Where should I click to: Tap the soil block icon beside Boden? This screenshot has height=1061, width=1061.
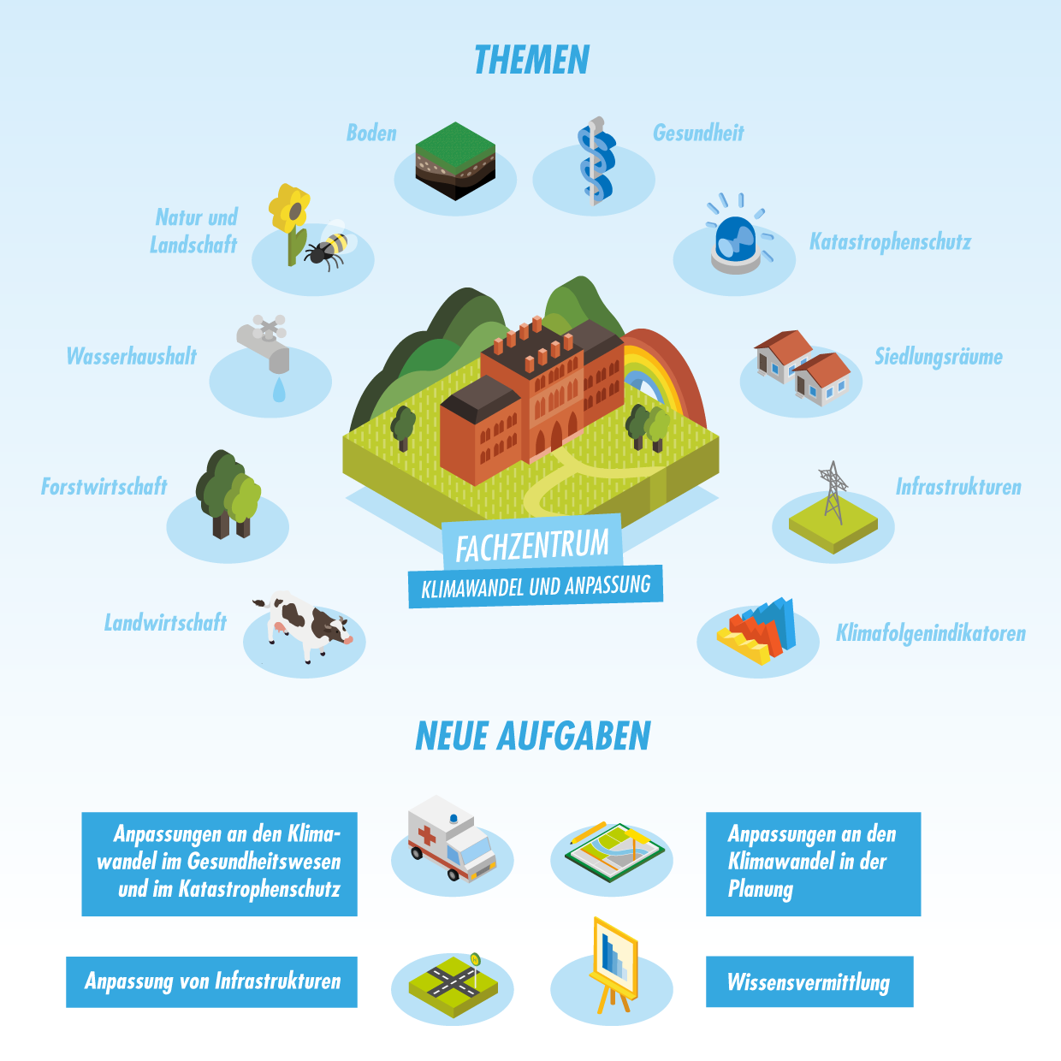(455, 161)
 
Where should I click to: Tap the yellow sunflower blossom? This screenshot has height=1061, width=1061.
(289, 208)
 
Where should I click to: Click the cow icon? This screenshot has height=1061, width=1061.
(303, 625)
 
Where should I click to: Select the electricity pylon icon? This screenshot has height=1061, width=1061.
(833, 492)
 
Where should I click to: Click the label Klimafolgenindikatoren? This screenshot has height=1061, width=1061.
(930, 633)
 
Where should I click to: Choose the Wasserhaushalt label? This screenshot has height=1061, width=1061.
(132, 356)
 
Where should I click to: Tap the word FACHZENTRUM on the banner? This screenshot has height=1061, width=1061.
(532, 545)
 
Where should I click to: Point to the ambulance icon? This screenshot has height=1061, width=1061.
(452, 838)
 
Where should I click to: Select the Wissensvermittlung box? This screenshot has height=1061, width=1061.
(809, 981)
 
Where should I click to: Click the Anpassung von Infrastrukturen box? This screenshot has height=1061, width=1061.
(212, 981)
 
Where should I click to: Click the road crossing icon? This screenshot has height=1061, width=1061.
(453, 986)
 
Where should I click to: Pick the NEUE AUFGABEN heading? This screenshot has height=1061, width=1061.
(532, 736)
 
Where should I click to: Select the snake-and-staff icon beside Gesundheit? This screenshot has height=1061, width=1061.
(596, 161)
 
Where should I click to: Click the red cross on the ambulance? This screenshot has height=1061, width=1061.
(427, 835)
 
